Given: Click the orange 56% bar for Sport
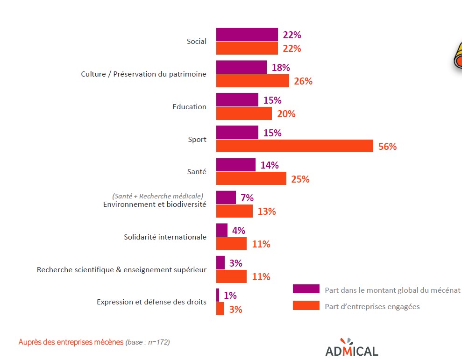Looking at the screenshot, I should [x=294, y=146].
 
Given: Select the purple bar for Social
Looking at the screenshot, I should [x=247, y=35].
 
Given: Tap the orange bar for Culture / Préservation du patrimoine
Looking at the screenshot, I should [x=252, y=81].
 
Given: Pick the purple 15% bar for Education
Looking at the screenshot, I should [x=237, y=100].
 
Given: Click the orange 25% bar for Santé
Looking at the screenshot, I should [x=251, y=178].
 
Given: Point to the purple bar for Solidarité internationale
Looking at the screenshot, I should [x=221, y=230].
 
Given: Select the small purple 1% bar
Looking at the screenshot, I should [x=217, y=295].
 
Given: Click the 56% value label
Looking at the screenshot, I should [x=387, y=147].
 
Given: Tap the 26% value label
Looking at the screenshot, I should [x=303, y=81].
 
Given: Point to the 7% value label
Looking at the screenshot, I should [x=247, y=198].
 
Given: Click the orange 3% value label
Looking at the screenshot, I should [x=235, y=309].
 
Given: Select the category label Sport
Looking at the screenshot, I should [x=197, y=140].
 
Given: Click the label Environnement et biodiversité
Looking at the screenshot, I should [x=154, y=205].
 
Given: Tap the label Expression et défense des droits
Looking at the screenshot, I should [x=151, y=302].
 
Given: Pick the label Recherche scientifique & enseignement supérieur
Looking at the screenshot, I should [x=121, y=269].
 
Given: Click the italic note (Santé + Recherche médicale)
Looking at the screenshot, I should [x=157, y=196].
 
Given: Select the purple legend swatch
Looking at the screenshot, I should [x=306, y=289].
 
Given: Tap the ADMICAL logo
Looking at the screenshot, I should [x=351, y=347].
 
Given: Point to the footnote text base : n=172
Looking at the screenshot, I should [x=148, y=342].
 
